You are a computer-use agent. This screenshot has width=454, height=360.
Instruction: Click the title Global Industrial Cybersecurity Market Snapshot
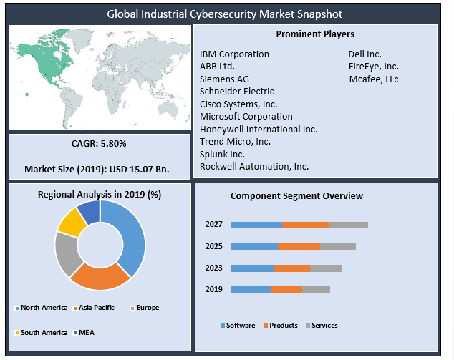pos(225,14)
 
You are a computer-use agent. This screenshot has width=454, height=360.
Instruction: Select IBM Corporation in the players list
pos(234,54)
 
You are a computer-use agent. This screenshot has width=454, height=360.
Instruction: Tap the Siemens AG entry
pos(224,79)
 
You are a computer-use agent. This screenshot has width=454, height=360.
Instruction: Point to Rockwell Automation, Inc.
pos(254,166)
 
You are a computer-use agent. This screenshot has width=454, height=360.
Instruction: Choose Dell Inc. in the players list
pos(364,54)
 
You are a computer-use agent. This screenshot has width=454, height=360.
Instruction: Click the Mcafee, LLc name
pos(373,79)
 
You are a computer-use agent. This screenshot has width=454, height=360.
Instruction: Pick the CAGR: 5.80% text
pos(99,144)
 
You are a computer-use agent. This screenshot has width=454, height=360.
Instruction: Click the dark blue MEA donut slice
pos(89,211)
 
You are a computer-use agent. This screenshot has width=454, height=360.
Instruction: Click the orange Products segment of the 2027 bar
pos(305,225)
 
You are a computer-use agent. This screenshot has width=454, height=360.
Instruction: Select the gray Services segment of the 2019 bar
pos(316,290)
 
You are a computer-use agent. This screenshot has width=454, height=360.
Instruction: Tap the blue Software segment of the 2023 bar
pos(253,268)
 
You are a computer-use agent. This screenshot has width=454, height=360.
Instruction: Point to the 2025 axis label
pos(213,247)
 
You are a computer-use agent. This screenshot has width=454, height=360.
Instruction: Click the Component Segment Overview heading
pos(296,196)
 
